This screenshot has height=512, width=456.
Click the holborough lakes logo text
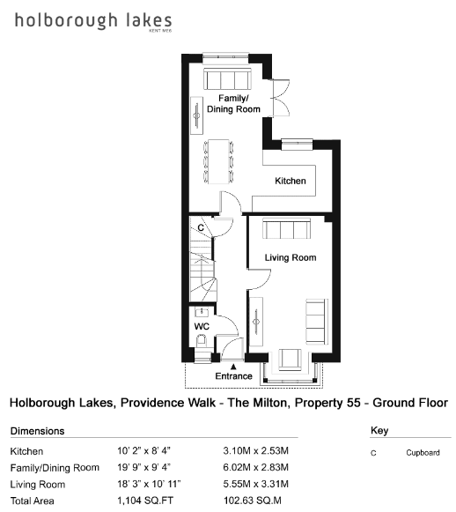(x=93, y=21)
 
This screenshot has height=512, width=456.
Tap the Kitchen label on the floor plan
(x=291, y=181)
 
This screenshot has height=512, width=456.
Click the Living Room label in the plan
(x=291, y=257)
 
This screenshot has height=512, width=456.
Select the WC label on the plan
(x=202, y=327)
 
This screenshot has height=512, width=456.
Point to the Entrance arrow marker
(x=233, y=367)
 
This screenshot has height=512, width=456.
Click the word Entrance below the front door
(x=233, y=376)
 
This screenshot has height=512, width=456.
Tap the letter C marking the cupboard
(x=201, y=227)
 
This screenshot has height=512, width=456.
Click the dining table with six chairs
(x=218, y=161)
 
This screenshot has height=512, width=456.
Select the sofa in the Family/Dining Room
(x=228, y=78)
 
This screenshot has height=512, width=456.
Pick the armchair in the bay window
(x=290, y=360)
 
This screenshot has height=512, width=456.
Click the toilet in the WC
(x=202, y=341)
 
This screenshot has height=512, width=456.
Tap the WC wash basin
(x=202, y=312)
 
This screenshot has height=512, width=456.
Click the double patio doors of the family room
(x=281, y=98)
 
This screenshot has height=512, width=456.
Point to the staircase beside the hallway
(x=202, y=260)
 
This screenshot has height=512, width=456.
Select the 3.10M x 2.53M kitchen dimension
(x=255, y=451)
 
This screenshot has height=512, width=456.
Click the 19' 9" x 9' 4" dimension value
(x=143, y=468)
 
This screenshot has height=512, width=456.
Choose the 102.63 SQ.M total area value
(x=253, y=501)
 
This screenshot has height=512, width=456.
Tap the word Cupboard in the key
(x=423, y=453)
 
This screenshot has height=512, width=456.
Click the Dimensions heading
(x=38, y=431)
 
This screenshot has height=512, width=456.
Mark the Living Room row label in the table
(x=38, y=485)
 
